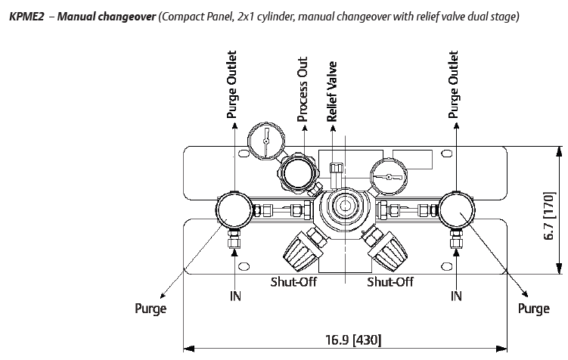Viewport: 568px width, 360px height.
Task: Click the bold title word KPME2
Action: click(23, 16)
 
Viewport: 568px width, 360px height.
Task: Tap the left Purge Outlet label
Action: click(232, 85)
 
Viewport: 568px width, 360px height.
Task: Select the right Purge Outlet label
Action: click(454, 85)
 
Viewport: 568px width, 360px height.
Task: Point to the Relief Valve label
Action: click(332, 92)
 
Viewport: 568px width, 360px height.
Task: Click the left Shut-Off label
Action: click(293, 282)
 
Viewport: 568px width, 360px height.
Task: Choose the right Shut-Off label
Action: click(390, 282)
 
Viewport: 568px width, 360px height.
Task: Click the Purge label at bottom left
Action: click(150, 309)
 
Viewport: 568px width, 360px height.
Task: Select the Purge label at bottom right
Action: click(533, 309)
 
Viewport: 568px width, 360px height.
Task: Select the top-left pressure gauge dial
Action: click(266, 138)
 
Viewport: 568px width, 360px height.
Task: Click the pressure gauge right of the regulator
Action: click(386, 178)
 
